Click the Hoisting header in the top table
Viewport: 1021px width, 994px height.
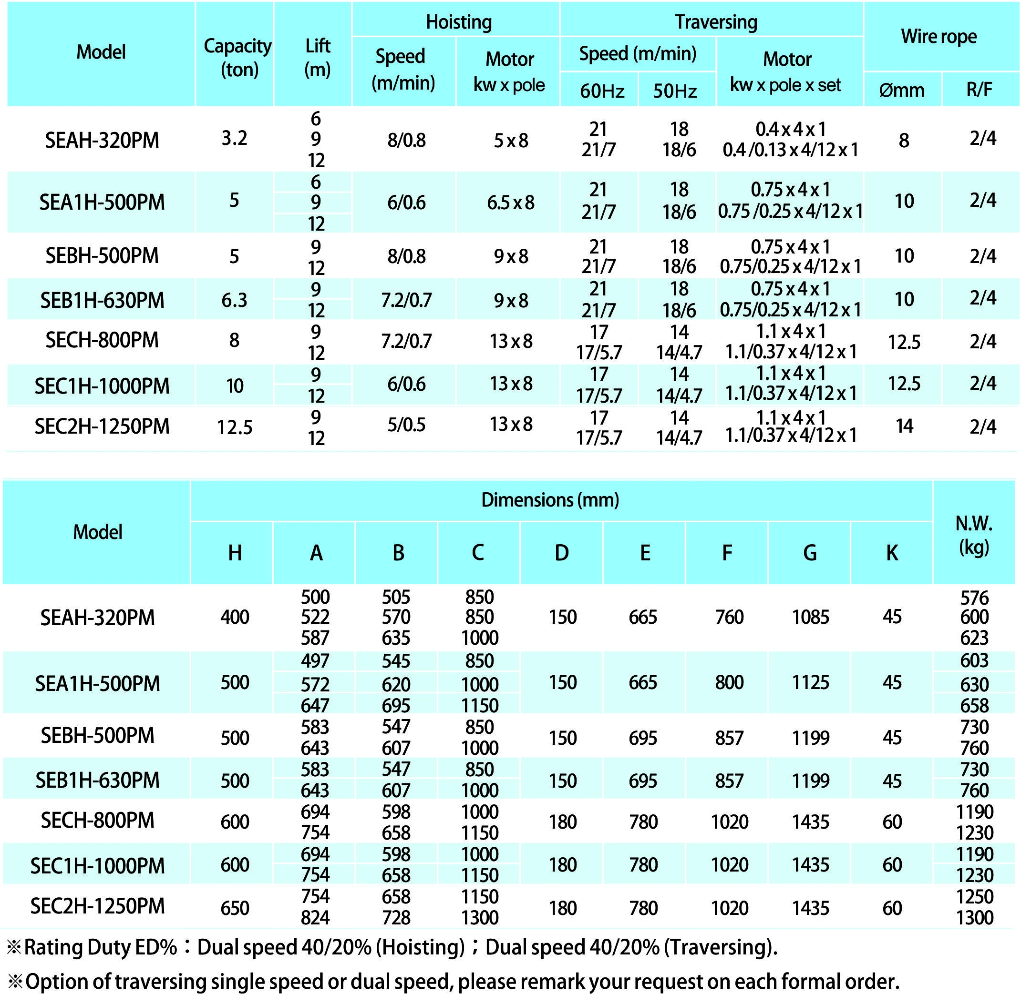pos(459,22)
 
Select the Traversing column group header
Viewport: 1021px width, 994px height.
pos(716,22)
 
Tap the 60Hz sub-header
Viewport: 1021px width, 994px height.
pos(602,91)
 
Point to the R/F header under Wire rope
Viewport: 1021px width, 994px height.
pos(979,90)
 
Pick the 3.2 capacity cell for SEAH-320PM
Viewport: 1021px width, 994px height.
pos(234,138)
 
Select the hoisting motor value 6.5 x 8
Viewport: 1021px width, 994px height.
pos(510,203)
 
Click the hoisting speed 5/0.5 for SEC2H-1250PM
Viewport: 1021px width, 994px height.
pos(406,425)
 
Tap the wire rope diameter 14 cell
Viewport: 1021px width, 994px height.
pos(905,426)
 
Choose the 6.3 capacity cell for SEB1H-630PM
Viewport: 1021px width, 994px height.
pos(234,300)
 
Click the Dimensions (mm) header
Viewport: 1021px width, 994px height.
pos(550,500)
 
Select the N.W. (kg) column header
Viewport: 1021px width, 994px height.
pos(973,535)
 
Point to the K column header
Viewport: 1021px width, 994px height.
pos(892,553)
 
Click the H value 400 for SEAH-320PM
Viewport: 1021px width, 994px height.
pos(235,617)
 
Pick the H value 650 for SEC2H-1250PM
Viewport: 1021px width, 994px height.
pos(235,908)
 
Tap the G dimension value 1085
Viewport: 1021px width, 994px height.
pos(810,617)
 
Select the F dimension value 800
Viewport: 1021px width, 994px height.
pos(729,682)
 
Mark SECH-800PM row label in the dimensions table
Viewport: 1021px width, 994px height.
pos(98,821)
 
